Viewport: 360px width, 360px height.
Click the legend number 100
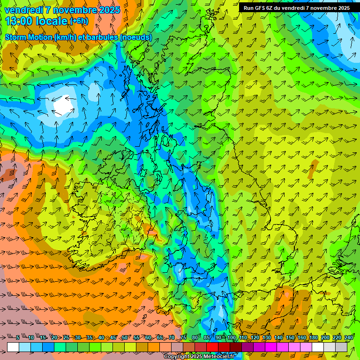click(x=232, y=338)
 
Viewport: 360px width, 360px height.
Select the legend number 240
click(x=349, y=338)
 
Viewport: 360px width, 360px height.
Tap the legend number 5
click(x=18, y=338)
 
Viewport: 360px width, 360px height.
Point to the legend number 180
click(x=314, y=338)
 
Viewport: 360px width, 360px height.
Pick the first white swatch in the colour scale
click(x=13, y=347)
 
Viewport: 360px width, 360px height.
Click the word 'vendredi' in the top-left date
click(x=22, y=10)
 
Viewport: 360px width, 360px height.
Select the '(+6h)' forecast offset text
click(x=79, y=21)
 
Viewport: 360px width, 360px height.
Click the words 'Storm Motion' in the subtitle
click(x=29, y=37)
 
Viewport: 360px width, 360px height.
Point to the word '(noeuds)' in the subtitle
click(x=136, y=37)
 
